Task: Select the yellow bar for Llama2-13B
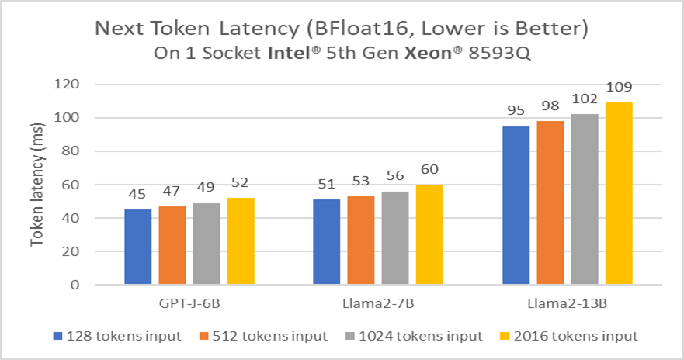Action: [x=619, y=193]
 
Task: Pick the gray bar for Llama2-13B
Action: [x=585, y=199]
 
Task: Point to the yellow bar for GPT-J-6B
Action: [x=241, y=241]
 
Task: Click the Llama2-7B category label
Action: [x=378, y=304]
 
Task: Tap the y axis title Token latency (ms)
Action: [x=36, y=185]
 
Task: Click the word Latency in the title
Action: [x=249, y=29]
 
